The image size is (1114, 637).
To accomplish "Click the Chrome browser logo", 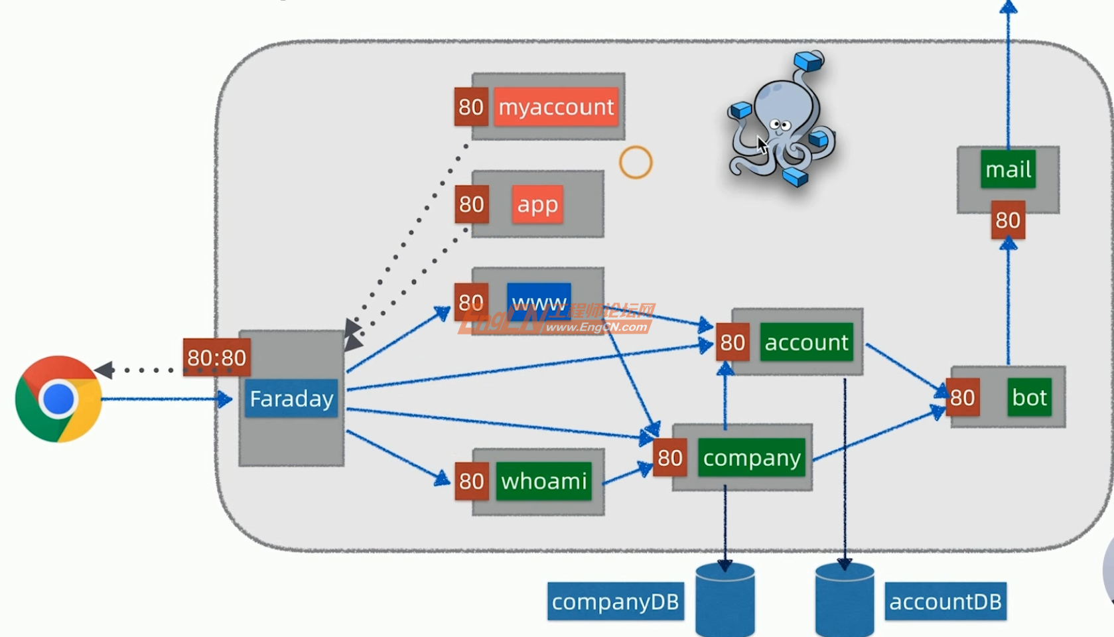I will point(58,399).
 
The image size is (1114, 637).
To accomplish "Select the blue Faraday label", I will point(291,398).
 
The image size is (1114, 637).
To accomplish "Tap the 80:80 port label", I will point(216,358).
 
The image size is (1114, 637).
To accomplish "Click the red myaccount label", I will point(556,107).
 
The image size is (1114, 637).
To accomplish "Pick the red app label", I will point(537,204).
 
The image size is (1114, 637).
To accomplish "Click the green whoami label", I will point(544,480).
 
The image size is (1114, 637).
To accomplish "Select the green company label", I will point(752,457).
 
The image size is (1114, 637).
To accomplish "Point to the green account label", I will point(806,342).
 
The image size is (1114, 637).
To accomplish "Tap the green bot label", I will point(1029,397).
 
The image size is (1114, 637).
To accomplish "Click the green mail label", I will point(1008,169).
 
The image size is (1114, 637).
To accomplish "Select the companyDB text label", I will point(615,601).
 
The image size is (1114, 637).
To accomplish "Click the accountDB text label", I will point(945,601).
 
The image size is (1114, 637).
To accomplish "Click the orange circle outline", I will point(636,163).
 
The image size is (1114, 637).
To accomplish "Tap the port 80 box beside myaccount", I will point(471,107).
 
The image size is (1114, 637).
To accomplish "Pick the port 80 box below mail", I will point(1008,220).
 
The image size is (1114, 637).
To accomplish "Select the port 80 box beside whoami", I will point(471,480).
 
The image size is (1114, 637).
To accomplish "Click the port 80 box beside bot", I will point(962,397).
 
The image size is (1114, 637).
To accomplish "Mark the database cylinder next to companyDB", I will point(725,599).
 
